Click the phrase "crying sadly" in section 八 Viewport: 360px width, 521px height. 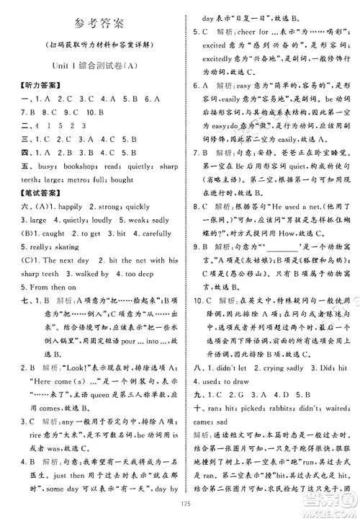282,363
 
